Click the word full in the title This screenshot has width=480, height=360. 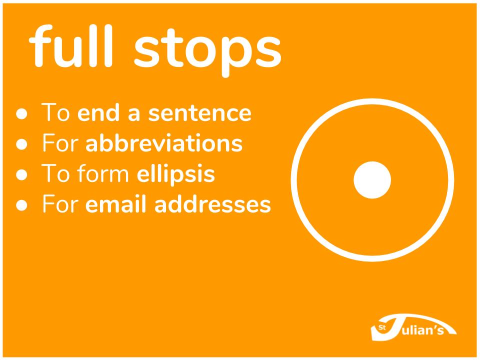71,46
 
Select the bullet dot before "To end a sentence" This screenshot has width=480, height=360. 21,113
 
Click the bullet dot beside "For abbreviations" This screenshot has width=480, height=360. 21,144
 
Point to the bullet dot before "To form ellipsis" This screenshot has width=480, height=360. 21,174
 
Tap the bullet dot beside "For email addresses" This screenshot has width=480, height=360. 21,205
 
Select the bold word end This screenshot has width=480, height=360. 98,112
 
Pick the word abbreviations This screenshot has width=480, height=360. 164,142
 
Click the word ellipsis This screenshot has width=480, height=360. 175,174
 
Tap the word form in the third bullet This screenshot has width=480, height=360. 103,173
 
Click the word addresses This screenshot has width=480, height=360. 213,204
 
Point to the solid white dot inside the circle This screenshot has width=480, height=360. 372,180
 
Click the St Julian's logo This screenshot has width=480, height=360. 413,327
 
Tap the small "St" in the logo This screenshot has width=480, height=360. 381,328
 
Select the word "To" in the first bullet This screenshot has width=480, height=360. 55,112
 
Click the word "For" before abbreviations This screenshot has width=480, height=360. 60,143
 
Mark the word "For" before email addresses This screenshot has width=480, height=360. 60,204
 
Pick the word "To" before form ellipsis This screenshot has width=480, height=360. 55,173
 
